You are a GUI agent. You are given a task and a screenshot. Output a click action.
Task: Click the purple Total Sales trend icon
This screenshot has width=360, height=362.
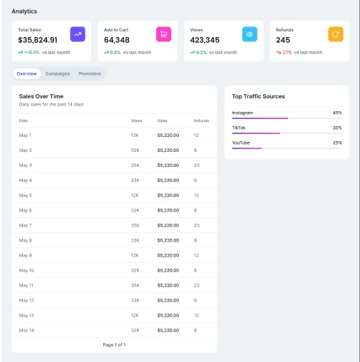click(x=77, y=34)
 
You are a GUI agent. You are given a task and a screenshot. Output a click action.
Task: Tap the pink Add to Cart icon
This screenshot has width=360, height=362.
click(x=163, y=34)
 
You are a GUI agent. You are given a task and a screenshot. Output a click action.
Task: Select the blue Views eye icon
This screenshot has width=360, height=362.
click(x=249, y=34)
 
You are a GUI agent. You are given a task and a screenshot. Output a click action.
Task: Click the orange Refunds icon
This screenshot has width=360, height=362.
click(x=335, y=34)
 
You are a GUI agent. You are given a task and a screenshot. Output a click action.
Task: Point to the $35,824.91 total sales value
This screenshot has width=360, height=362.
click(x=38, y=40)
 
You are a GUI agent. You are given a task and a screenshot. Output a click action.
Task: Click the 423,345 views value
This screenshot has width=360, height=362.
click(x=205, y=40)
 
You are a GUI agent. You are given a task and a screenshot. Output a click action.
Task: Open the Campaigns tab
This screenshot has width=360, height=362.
click(x=58, y=73)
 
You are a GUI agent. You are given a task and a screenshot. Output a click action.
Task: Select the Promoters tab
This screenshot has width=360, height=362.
click(x=90, y=73)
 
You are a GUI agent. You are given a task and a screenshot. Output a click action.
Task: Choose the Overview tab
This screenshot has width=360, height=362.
click(x=26, y=73)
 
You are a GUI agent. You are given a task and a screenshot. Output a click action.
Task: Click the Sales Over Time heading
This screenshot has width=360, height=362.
click(x=41, y=96)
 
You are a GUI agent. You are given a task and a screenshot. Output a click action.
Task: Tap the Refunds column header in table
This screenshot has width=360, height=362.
click(x=201, y=120)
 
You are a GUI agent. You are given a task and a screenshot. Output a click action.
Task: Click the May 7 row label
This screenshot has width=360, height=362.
click(x=25, y=225)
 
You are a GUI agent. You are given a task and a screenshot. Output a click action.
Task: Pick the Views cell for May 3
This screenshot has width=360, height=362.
click(x=135, y=165)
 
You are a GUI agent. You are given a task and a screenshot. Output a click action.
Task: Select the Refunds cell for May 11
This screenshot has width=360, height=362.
click(x=196, y=285)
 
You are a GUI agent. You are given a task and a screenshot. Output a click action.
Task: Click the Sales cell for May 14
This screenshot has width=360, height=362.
click(x=168, y=330)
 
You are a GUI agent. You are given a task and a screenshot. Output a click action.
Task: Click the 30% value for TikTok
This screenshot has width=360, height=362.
click(x=336, y=128)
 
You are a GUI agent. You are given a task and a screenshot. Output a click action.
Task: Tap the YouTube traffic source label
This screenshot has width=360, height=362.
click(x=241, y=143)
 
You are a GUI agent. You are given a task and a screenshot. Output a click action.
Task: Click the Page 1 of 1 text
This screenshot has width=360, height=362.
click(x=114, y=344)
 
